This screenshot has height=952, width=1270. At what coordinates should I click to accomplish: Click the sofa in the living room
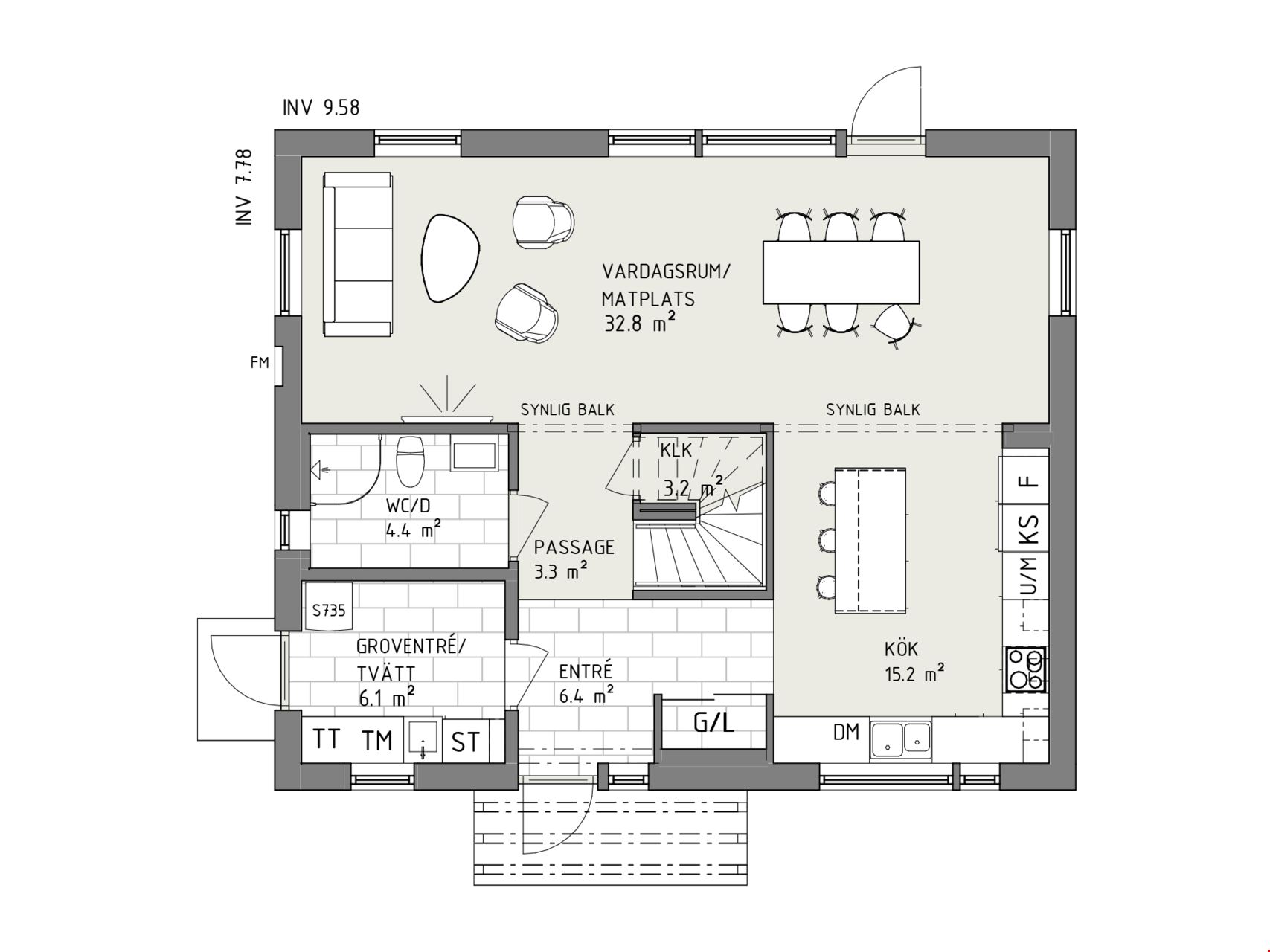(357, 255)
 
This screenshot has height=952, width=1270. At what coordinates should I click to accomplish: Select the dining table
(841, 272)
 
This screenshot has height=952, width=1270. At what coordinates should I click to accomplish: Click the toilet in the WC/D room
(410, 460)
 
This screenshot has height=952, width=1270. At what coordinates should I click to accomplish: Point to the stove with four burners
(1025, 669)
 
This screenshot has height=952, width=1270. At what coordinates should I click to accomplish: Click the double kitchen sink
(901, 739)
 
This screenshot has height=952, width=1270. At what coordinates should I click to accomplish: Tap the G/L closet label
(714, 721)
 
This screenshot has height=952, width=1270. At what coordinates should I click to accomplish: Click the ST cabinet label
(466, 742)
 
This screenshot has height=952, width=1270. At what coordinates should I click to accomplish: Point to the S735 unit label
(329, 611)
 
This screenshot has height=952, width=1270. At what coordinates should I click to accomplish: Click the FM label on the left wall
(260, 364)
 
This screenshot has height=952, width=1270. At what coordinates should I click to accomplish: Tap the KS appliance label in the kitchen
(1028, 529)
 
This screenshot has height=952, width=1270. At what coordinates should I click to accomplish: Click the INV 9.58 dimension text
(321, 108)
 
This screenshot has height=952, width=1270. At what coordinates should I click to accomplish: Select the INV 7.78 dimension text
(245, 187)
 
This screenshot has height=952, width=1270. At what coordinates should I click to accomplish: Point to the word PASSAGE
(574, 547)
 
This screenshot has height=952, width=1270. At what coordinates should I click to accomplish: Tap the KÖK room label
(901, 649)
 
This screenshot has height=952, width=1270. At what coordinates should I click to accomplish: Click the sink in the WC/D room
(474, 455)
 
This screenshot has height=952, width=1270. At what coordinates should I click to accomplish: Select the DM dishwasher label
(846, 733)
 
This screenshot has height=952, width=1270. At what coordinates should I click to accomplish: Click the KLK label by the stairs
(676, 450)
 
